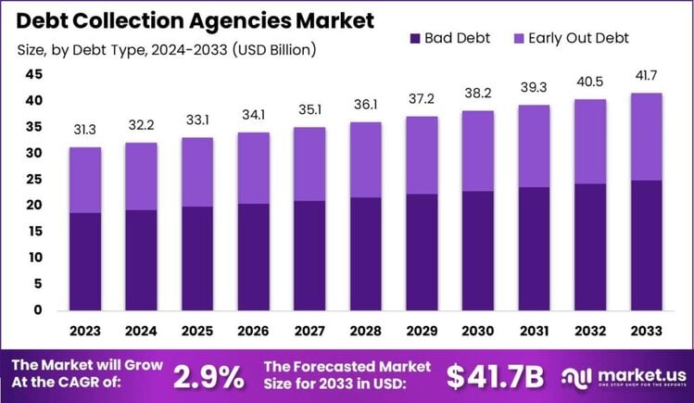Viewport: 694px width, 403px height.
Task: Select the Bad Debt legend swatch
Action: [x=414, y=38]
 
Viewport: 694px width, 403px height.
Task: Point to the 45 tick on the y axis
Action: [x=33, y=74]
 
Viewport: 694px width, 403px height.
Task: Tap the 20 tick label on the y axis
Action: [x=33, y=206]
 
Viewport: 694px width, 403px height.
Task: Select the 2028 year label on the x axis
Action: [x=365, y=329]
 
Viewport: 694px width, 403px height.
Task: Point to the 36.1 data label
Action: [x=365, y=105]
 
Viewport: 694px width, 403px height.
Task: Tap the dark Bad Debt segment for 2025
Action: [x=197, y=258]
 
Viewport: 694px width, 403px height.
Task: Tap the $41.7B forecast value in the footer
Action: [x=496, y=376]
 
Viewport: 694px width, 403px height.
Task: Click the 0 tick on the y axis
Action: [x=38, y=310]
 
